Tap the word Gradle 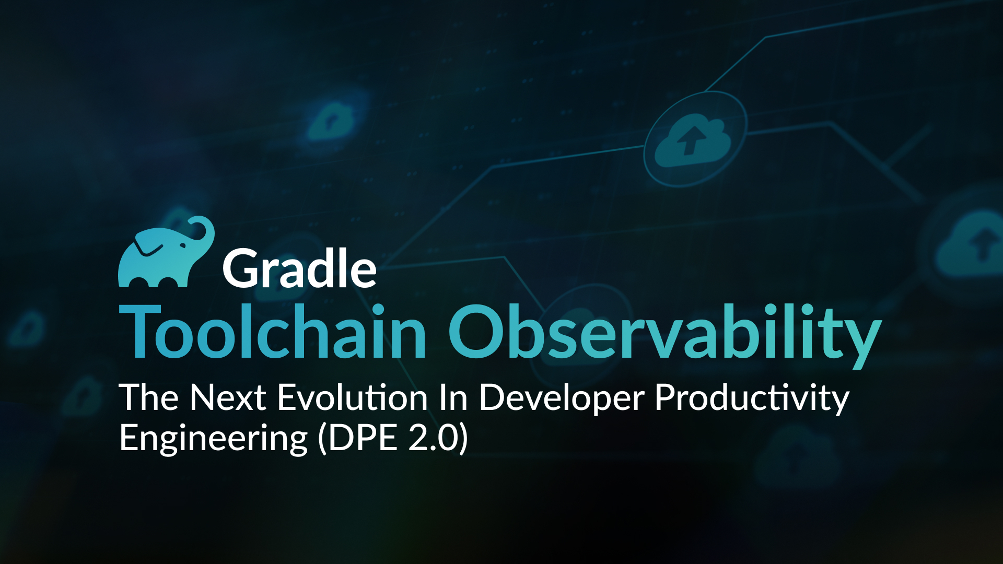[x=300, y=268]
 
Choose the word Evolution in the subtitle [x=353, y=398]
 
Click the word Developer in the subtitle [x=562, y=399]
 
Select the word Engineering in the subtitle [x=214, y=439]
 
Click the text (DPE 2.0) [x=393, y=438]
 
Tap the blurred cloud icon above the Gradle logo [x=330, y=121]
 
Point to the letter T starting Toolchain [x=140, y=332]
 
